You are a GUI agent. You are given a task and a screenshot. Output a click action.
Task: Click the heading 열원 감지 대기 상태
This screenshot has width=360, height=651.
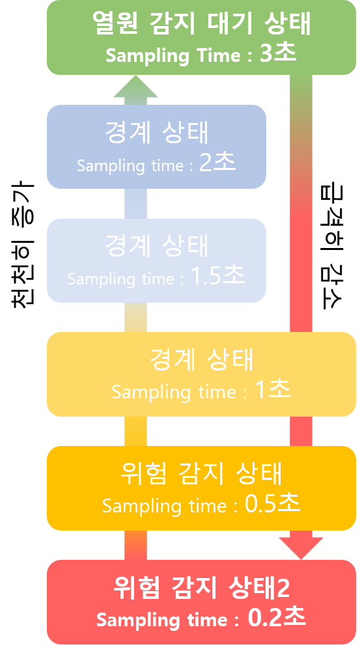pos(201,23)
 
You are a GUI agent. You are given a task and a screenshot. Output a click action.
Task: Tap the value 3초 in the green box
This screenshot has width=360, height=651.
pos(278,53)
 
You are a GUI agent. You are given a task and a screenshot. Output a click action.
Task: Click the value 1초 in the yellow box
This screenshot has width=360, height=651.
pos(273,389)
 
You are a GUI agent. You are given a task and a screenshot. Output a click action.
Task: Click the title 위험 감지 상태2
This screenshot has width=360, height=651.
pos(201,587)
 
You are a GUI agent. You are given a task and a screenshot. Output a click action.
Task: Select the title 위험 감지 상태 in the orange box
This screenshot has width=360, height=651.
pos(201,474)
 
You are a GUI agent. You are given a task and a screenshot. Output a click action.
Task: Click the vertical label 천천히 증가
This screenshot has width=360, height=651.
pos(22,245)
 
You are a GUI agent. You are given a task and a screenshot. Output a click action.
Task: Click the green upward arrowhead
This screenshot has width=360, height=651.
pos(135,87)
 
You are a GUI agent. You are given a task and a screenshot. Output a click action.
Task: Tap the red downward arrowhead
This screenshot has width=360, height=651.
pos(301,548)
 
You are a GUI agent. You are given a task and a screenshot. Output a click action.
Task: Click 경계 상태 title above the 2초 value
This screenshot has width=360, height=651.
pos(156,132)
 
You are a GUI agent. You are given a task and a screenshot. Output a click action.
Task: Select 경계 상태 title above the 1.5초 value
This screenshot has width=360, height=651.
pos(156,246)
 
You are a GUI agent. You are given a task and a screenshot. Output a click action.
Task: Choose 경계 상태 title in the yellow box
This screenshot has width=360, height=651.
pos(201,359)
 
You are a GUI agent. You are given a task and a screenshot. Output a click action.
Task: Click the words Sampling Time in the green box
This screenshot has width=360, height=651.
pos(173,56)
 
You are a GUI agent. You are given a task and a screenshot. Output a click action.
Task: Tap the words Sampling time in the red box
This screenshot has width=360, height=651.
pos(162,620)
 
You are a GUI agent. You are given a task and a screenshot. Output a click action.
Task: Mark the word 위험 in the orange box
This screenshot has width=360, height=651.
pos(143,474)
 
